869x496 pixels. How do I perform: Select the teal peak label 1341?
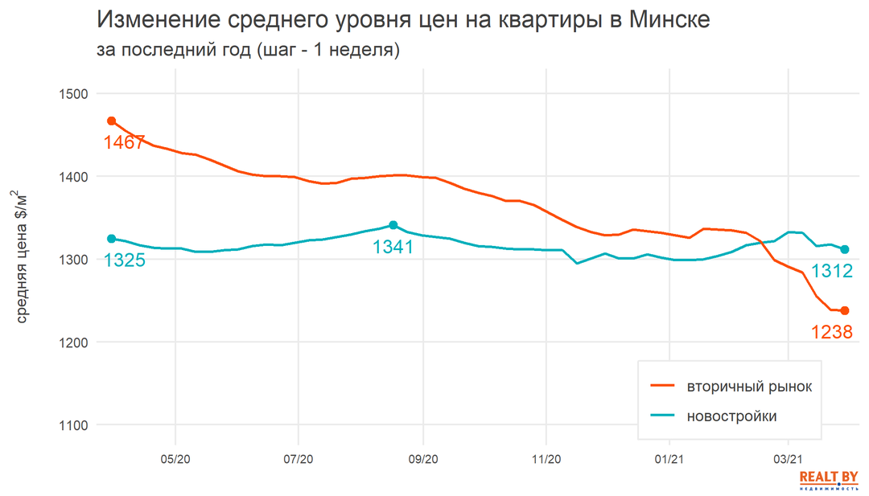pyautogui.click(x=393, y=247)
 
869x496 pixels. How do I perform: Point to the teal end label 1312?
pyautogui.click(x=831, y=271)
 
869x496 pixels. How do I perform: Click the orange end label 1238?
pyautogui.click(x=831, y=331)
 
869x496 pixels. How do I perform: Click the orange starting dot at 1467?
pyautogui.click(x=112, y=121)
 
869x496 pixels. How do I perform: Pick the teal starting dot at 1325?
pyautogui.click(x=112, y=239)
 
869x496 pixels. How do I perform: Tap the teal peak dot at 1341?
pyautogui.click(x=393, y=225)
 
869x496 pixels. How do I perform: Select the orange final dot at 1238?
pyautogui.click(x=845, y=311)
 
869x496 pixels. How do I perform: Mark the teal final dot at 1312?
pyautogui.click(x=845, y=249)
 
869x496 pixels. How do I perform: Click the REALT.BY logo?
pyautogui.click(x=828, y=480)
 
